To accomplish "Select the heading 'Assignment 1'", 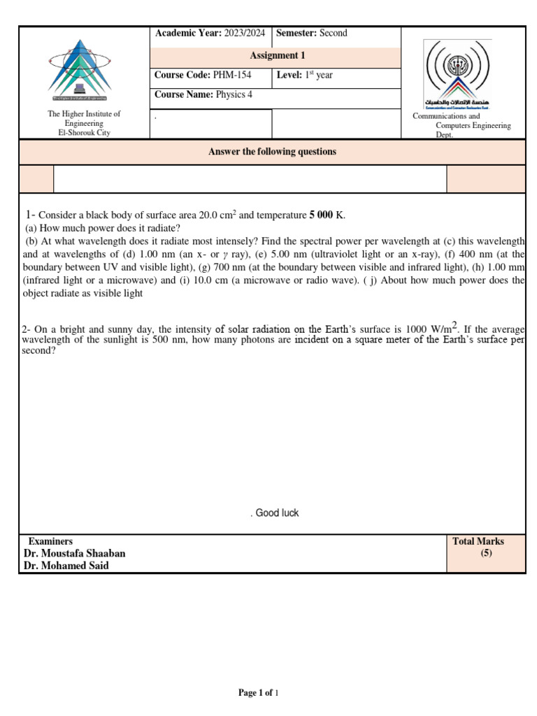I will (278, 56).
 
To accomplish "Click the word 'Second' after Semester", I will (333, 33).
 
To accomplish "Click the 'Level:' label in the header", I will (289, 76).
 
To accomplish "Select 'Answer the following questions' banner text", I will (272, 152).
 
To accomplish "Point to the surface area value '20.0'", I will (210, 215).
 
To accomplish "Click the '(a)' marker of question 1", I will (31, 228).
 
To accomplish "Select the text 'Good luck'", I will (277, 513).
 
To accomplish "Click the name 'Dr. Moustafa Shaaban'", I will (74, 554).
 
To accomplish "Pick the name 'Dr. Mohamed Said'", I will (66, 566).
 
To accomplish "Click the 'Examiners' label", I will (50, 541).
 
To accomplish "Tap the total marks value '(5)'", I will (486, 554).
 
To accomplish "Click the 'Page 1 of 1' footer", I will (259, 693).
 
